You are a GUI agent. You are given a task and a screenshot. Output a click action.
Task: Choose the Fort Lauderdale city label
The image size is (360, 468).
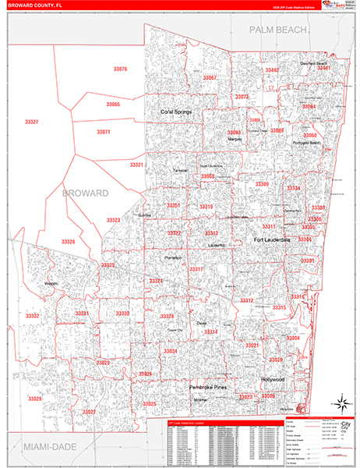272,239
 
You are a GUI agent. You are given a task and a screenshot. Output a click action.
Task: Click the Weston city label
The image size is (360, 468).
52,284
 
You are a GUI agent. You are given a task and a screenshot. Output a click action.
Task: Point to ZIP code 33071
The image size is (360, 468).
104,132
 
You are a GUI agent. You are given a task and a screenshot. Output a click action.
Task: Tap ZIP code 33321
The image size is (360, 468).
137,165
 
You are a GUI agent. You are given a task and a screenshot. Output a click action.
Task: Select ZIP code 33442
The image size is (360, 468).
271,70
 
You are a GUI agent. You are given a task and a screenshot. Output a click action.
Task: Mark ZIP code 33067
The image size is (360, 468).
210,78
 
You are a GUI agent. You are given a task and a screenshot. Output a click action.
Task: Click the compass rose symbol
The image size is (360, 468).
340,404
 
